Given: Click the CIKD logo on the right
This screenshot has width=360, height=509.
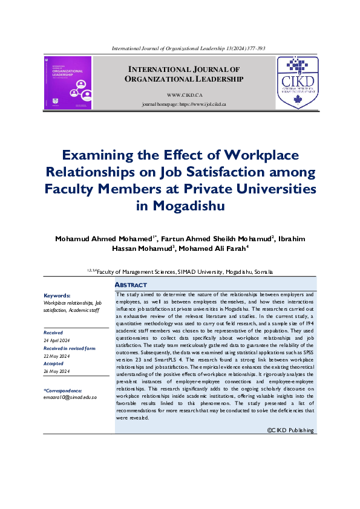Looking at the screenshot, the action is pyautogui.click(x=297, y=83).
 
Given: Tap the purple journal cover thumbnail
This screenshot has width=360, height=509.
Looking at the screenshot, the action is pyautogui.click(x=68, y=83).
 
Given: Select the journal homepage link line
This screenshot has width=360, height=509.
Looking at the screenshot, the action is pyautogui.click(x=183, y=105).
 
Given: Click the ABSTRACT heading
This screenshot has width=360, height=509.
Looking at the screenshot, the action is pyautogui.click(x=131, y=285).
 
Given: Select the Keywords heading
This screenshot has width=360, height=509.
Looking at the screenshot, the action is pyautogui.click(x=57, y=296).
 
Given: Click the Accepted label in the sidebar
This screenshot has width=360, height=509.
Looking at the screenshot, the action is pyautogui.click(x=54, y=364).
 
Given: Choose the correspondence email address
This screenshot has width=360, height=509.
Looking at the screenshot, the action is pyautogui.click(x=70, y=397).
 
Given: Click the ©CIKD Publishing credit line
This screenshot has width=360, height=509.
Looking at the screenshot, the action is pyautogui.click(x=290, y=430).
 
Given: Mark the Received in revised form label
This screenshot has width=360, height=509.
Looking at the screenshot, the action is pyautogui.click(x=69, y=348).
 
